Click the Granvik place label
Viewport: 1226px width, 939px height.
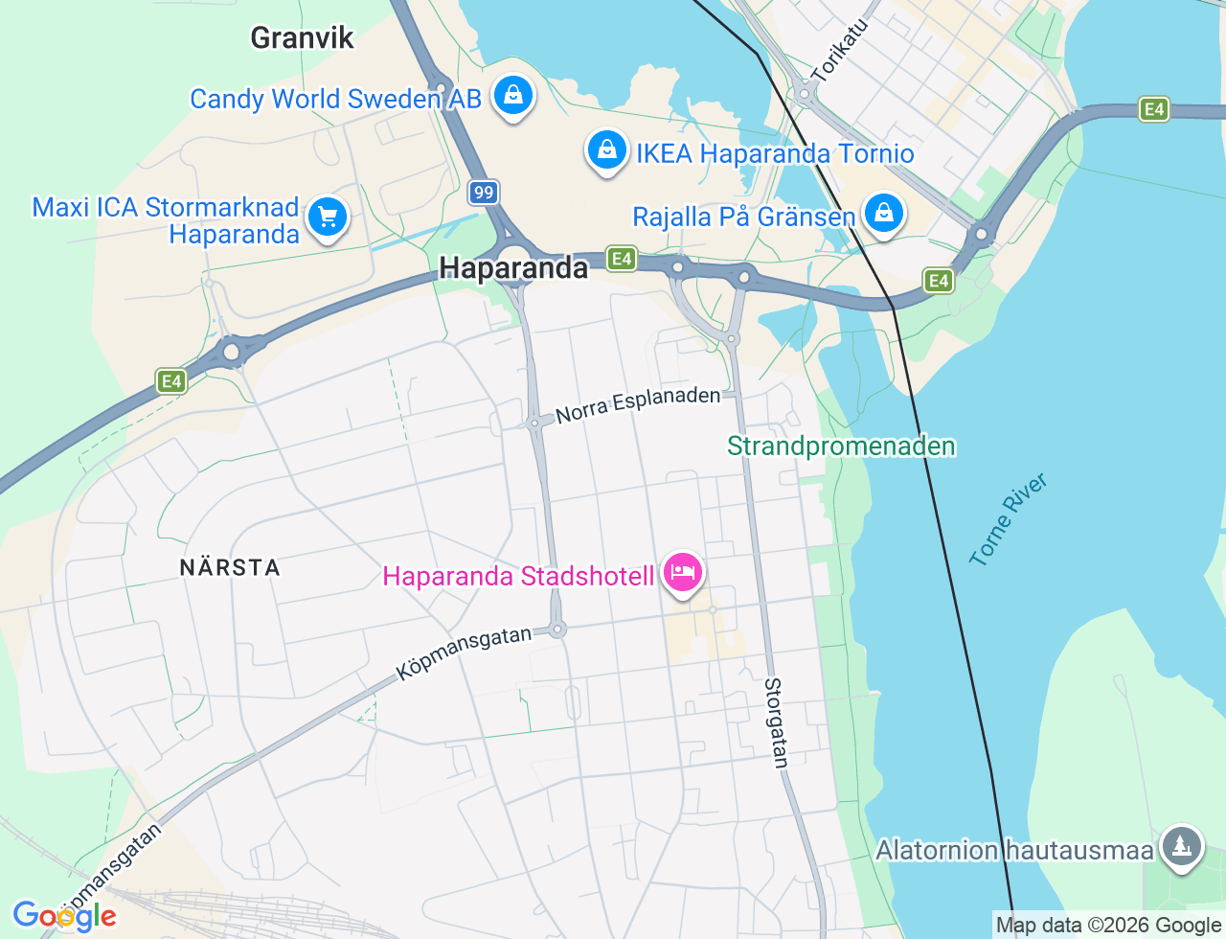(x=302, y=38)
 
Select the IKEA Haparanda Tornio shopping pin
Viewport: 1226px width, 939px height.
(x=606, y=150)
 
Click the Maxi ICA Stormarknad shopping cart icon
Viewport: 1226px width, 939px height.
(x=328, y=218)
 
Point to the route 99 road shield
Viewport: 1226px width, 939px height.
(x=484, y=193)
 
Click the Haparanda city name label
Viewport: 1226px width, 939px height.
(x=513, y=268)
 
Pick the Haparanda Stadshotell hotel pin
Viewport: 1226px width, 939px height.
(x=682, y=573)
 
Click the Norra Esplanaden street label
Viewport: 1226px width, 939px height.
(x=638, y=405)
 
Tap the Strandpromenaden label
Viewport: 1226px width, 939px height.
(x=841, y=447)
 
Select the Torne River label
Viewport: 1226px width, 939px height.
(x=1008, y=518)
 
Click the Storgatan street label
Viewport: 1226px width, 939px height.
(x=776, y=722)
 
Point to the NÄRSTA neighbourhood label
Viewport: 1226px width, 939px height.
(x=230, y=567)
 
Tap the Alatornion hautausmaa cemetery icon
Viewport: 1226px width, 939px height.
(x=1182, y=846)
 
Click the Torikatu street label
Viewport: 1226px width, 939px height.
(x=839, y=50)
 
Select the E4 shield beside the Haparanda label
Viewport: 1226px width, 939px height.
(x=622, y=258)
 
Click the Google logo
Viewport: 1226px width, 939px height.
(x=64, y=916)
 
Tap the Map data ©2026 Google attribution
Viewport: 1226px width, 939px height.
(x=1108, y=925)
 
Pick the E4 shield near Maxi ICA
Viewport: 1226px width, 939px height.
(x=171, y=382)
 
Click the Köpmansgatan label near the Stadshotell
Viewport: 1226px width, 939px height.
(x=464, y=653)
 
